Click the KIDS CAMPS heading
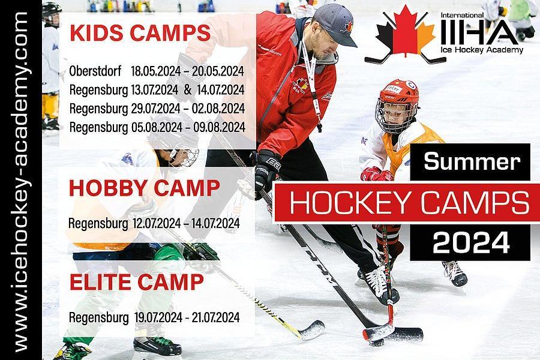coord(140,33)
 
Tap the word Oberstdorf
coord(95,71)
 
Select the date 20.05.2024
coord(218,71)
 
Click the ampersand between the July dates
coord(188,90)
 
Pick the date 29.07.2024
coord(155,109)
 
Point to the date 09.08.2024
coord(219,127)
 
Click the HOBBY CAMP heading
coord(144,188)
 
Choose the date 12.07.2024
coord(157,224)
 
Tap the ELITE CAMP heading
coord(137,282)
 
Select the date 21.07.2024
coord(215,317)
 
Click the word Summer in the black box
coord(472,161)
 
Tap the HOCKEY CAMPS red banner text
coord(409,203)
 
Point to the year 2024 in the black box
coord(471,243)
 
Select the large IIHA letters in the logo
coord(479,32)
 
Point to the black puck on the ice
coord(376,343)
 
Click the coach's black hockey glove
coord(266,172)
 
